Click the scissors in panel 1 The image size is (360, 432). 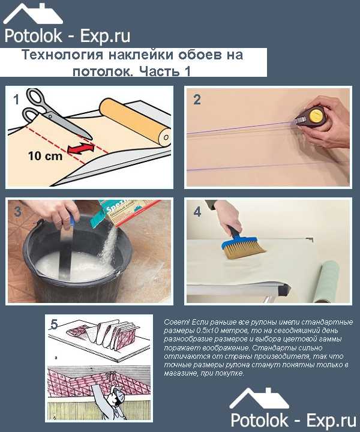click(55, 113)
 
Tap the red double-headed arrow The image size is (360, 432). click(81, 149)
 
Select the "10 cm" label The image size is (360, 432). click(46, 156)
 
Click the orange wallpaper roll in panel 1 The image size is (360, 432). click(135, 122)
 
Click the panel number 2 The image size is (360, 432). click(197, 100)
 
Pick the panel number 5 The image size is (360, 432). click(54, 324)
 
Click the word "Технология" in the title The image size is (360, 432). click(62, 55)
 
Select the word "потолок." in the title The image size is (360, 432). click(102, 71)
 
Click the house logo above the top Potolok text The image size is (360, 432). click(33, 14)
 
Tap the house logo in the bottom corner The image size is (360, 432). click(259, 398)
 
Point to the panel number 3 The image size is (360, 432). click(17, 212)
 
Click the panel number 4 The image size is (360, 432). click(197, 212)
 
